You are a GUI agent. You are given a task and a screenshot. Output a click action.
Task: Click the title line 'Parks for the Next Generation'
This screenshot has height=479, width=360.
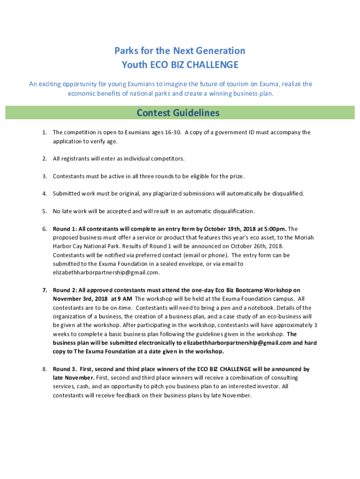180,51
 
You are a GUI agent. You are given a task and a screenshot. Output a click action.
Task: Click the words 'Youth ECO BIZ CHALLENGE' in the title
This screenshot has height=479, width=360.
180,65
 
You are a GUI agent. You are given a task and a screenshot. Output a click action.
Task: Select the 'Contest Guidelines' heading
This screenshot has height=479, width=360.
178,113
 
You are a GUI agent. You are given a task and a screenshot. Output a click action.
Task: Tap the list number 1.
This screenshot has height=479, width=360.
44,132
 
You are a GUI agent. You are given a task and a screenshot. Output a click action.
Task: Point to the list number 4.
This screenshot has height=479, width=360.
44,193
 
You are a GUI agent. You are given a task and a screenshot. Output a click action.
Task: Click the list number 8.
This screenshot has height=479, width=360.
44,369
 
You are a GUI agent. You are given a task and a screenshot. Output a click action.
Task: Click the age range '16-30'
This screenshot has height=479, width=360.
171,132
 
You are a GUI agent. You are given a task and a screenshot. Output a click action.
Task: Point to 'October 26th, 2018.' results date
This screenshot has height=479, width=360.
257,246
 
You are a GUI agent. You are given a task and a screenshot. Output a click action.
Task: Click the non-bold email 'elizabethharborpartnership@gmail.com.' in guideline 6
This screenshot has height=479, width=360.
106,272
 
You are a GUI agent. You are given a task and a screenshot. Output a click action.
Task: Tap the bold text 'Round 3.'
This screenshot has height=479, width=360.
65,369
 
